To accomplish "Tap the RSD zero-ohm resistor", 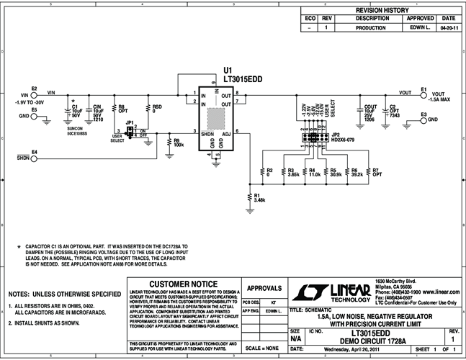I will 150,109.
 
